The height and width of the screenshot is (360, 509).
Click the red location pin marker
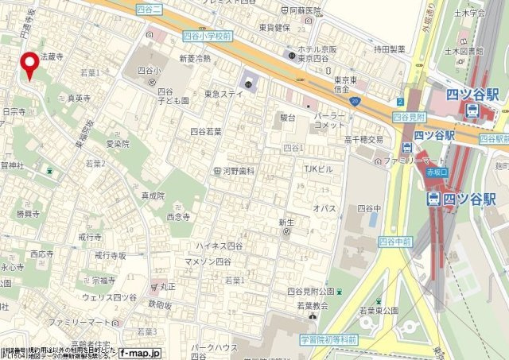coord(30,66)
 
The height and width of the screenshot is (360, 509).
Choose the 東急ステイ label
coord(223,94)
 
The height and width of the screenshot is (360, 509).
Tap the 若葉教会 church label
coord(308,306)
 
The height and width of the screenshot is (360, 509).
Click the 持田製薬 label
coord(390,49)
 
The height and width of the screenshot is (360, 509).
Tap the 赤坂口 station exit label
coord(436,171)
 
